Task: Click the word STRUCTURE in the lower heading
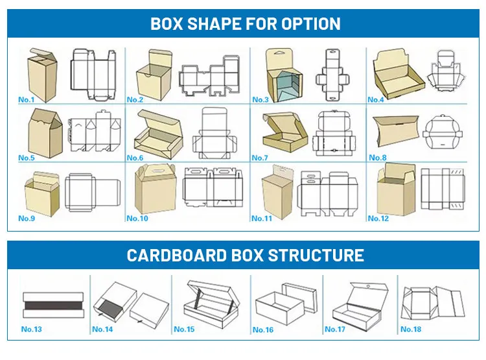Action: click(x=316, y=255)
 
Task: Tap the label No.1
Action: click(x=27, y=100)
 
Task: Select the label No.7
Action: click(x=260, y=158)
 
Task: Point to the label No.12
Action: click(x=378, y=219)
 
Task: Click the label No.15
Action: click(x=184, y=329)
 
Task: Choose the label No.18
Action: click(x=411, y=329)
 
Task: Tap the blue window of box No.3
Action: click(x=285, y=86)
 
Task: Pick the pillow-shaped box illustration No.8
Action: click(x=395, y=131)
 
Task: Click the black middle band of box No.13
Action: click(x=53, y=305)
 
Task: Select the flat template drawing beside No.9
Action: click(x=93, y=193)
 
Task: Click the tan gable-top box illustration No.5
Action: click(x=45, y=133)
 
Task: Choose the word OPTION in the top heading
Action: click(x=311, y=24)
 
